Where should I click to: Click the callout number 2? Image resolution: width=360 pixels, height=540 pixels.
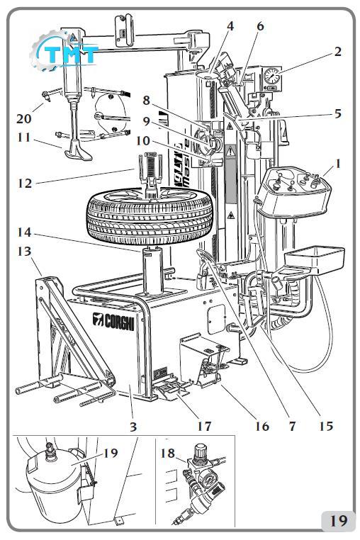tap(337, 51)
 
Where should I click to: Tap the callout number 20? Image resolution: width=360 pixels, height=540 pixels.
tap(23, 118)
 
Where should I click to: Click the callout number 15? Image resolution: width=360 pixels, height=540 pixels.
tap(326, 426)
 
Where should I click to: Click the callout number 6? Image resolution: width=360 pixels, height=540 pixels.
tap(260, 26)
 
